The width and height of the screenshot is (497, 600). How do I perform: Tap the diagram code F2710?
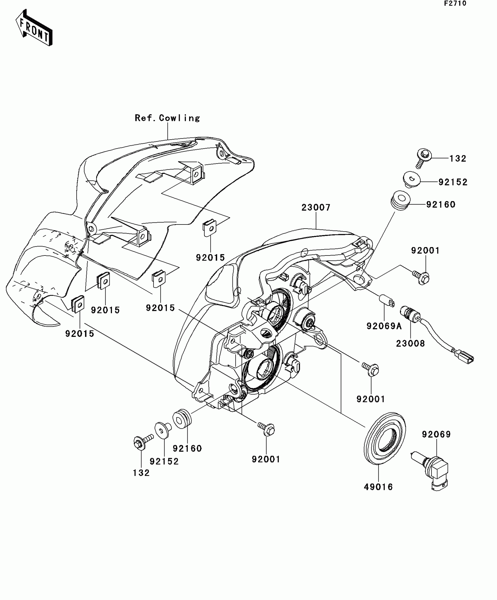455,4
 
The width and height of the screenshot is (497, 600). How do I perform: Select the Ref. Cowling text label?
167,118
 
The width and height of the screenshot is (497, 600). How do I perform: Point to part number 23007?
316,208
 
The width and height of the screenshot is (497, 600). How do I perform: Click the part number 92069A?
384,326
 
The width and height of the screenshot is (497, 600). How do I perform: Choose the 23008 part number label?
410,343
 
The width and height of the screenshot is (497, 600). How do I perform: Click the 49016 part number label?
378,487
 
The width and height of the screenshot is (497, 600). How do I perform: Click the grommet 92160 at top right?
400,200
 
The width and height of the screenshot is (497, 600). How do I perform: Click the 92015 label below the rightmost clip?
210,258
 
